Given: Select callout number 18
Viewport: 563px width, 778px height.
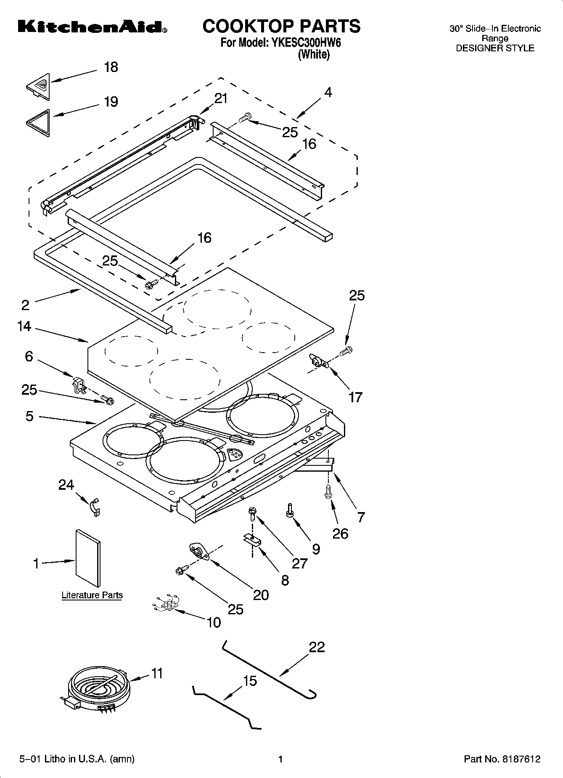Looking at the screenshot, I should [111, 67].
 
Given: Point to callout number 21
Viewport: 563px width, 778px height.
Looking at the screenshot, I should [221, 98].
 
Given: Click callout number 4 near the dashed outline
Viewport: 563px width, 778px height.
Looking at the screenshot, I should [328, 93].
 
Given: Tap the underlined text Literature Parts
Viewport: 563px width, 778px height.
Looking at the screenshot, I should [92, 595].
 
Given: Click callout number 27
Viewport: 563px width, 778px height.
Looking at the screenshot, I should [300, 563].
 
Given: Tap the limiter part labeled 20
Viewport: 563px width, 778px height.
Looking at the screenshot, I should [200, 552].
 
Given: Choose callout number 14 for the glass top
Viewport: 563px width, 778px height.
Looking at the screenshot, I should [24, 326].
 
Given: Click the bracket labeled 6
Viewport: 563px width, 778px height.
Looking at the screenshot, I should [78, 385].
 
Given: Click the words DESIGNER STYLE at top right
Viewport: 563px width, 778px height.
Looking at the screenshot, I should [495, 48].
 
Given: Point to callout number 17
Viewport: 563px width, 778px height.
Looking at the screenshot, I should [356, 397].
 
